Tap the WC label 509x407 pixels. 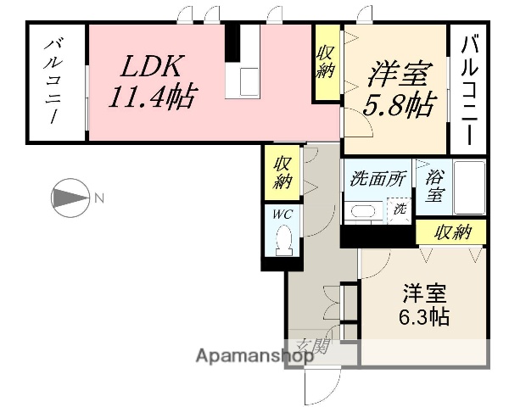(x=282, y=215)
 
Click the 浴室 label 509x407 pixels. (x=434, y=185)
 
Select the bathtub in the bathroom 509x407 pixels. (x=467, y=187)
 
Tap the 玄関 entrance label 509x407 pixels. (x=313, y=345)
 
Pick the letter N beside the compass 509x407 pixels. (x=99, y=199)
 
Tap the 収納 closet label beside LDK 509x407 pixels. (x=327, y=62)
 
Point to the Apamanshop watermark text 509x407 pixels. (x=255, y=357)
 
